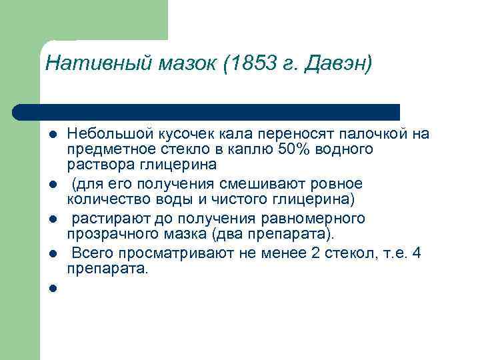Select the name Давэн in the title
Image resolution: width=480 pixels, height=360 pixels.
pos(336,64)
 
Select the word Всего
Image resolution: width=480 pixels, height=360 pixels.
pos(89,253)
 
